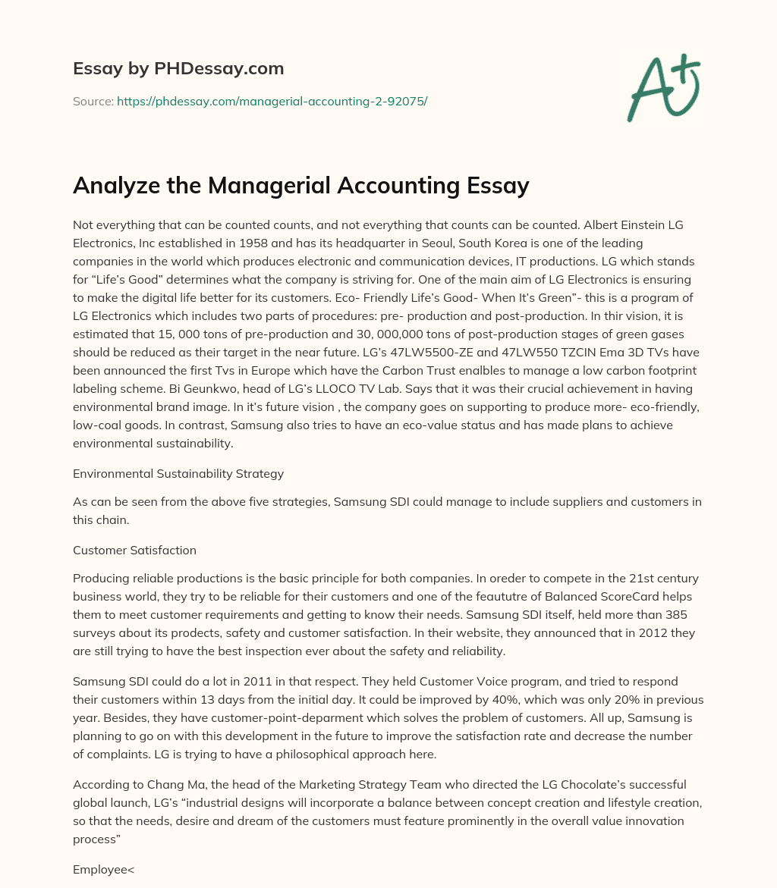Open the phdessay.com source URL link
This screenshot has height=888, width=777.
click(x=272, y=100)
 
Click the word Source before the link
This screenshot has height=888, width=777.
click(x=93, y=100)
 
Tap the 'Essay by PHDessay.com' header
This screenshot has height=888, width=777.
click(x=178, y=69)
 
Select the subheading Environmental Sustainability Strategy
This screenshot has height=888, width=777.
click(x=178, y=473)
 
